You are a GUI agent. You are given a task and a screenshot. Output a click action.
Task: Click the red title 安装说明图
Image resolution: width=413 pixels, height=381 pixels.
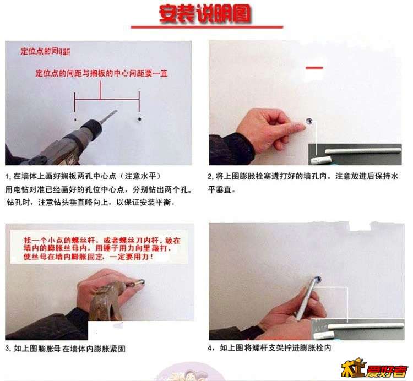tap(205, 13)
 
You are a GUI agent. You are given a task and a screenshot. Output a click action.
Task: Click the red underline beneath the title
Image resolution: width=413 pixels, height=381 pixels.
tap(206, 27)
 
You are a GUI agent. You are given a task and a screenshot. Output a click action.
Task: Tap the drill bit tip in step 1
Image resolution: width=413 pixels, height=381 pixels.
tap(116, 111)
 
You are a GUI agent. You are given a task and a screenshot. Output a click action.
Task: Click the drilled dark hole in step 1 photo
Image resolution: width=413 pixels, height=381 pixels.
tap(139, 119)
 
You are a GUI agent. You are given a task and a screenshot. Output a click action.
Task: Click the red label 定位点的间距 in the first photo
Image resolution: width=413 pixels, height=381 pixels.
tap(45, 51)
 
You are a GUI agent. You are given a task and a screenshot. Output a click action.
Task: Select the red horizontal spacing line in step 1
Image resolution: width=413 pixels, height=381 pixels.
tap(107, 99)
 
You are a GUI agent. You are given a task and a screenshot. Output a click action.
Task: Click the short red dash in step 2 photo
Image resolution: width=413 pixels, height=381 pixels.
tap(314, 68)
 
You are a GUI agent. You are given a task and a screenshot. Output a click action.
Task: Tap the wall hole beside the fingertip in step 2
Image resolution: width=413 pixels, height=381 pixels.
tap(309, 121)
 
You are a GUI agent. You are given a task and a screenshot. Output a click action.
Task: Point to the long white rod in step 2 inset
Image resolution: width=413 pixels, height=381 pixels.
tap(363, 151)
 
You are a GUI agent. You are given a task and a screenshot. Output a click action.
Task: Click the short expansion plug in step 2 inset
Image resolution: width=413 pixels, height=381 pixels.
tap(320, 160)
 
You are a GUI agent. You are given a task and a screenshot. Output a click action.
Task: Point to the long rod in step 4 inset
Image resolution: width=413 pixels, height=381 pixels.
tap(366, 326)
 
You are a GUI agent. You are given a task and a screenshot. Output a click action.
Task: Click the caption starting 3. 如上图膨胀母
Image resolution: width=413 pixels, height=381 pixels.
tap(66, 349)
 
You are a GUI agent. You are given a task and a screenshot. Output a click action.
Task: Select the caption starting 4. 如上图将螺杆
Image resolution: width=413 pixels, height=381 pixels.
tap(269, 348)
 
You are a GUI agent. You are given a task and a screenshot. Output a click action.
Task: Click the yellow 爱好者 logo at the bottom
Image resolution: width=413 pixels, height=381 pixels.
tap(374, 368)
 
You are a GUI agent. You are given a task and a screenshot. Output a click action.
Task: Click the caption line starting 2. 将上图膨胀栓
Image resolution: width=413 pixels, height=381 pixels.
tap(303, 176)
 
